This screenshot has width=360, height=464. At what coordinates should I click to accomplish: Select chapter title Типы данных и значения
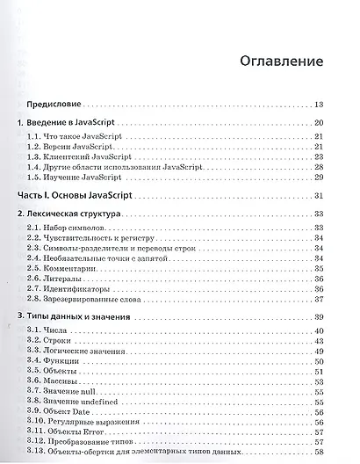tap(86, 316)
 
